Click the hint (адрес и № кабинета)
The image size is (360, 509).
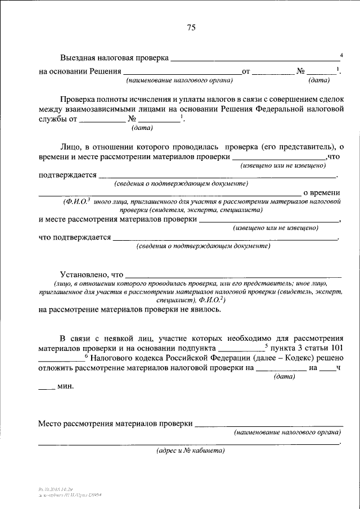click(x=190, y=451)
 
